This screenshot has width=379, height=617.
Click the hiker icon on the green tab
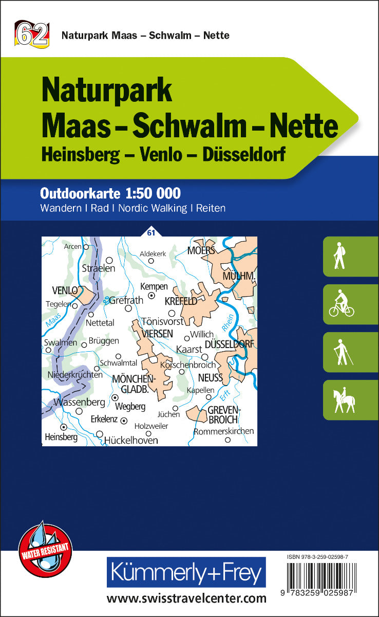[x=339, y=256]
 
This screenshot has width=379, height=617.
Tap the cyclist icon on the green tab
[x=342, y=304]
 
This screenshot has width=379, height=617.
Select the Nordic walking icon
[x=342, y=352]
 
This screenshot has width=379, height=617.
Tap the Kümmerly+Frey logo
[x=186, y=572]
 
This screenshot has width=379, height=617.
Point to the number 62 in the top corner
[x=32, y=34]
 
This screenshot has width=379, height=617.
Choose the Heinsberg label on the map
[x=61, y=437]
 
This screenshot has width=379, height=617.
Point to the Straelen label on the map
[x=99, y=268]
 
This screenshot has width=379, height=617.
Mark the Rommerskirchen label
[x=224, y=431]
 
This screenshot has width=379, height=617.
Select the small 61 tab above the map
[x=150, y=233]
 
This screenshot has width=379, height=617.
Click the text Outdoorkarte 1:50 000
[x=110, y=193]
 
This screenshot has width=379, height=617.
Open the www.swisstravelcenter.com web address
[x=186, y=598]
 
